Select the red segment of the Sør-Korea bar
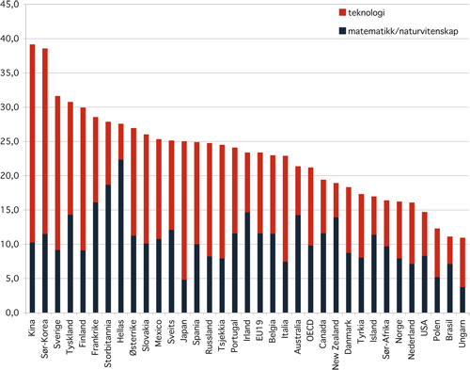coord(44,141)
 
